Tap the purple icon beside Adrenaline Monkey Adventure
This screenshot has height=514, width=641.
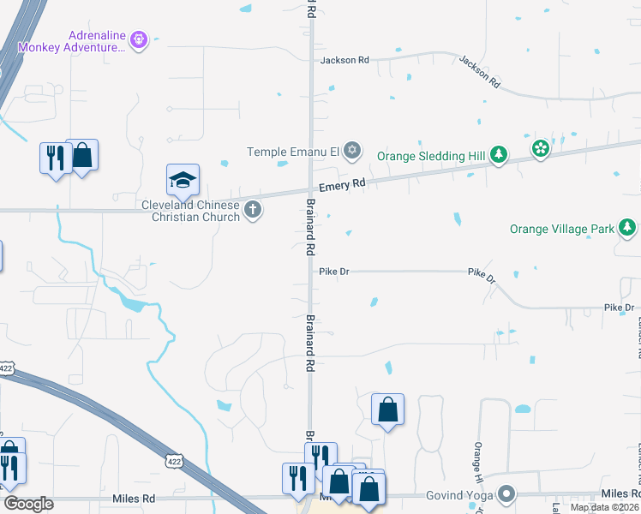coord(140,39)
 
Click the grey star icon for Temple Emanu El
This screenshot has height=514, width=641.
coord(351,152)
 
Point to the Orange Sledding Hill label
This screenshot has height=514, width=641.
coord(431,156)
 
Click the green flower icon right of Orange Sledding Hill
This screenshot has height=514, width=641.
coord(540,149)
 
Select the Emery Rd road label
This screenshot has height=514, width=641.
coord(342,184)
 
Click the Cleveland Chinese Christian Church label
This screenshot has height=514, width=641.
coord(195,211)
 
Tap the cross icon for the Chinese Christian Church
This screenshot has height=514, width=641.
coord(253,210)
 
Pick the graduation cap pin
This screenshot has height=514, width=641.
coord(183,180)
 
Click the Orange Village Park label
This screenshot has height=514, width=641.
coord(562,229)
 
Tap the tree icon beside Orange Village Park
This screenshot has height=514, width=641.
coord(628,228)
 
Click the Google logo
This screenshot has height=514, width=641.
coord(28,504)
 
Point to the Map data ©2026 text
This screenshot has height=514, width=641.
coord(603,507)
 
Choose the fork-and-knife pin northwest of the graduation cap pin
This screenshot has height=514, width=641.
coord(56,158)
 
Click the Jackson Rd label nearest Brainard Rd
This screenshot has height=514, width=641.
coord(344,60)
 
